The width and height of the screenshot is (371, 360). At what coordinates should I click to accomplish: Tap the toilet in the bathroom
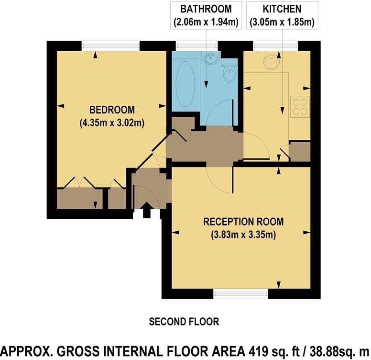(x=229, y=75)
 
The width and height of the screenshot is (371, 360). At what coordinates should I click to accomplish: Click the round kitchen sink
(x=272, y=61)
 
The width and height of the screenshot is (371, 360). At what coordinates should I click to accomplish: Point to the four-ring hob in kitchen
(x=300, y=106)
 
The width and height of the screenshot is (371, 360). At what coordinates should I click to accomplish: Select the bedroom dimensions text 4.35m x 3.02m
(x=112, y=123)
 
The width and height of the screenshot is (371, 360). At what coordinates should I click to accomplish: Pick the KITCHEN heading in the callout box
(x=282, y=9)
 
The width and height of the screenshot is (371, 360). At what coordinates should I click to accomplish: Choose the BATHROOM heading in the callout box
(x=206, y=9)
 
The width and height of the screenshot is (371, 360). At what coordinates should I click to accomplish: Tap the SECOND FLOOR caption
(x=184, y=321)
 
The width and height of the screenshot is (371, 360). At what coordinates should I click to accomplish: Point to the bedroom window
(x=110, y=45)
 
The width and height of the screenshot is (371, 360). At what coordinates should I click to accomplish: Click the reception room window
(x=240, y=293)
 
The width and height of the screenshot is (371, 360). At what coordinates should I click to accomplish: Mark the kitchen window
(x=275, y=45)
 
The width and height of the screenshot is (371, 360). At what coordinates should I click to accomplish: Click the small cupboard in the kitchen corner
(x=300, y=151)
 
